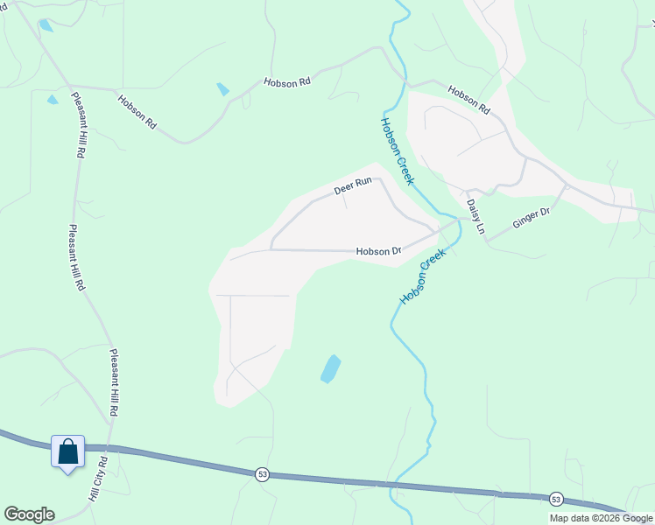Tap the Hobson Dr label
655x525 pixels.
378,252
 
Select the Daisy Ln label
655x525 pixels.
475,217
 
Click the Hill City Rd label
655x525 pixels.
97,479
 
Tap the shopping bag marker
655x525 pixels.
68,452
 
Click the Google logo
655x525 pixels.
29,514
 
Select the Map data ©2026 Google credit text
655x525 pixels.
601,518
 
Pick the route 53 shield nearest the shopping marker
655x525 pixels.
262,473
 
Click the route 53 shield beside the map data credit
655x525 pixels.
556,499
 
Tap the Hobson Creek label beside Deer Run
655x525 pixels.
397,150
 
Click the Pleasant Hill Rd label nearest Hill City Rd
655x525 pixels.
114,382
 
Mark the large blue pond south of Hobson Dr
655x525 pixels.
330,368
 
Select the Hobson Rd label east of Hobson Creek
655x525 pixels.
468,100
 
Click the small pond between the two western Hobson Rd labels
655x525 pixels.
223,89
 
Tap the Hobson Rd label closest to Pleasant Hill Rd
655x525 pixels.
137,111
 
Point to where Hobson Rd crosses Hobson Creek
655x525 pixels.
405,82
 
